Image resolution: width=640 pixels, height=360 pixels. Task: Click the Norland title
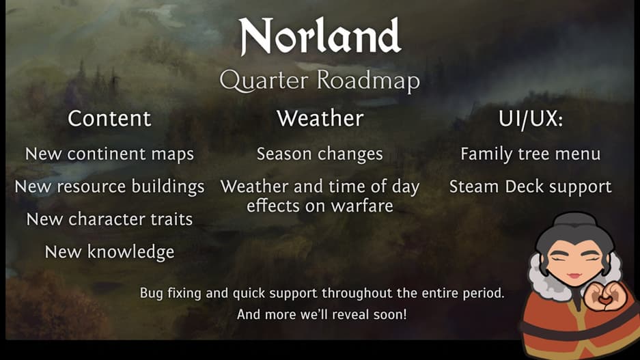click(x=320, y=36)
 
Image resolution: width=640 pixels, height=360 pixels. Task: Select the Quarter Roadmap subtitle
click(x=320, y=81)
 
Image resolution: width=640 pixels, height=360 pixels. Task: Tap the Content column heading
click(x=109, y=118)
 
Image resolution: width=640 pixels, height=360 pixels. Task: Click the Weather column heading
click(x=320, y=118)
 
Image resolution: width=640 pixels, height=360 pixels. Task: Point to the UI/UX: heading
click(x=531, y=119)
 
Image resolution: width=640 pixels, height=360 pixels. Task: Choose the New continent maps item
click(x=109, y=154)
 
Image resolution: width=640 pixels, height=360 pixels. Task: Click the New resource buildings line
click(x=109, y=187)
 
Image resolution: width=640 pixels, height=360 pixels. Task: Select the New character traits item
click(x=109, y=219)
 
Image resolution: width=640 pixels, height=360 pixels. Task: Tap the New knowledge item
click(x=109, y=252)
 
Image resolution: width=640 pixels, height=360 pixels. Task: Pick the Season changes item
click(x=320, y=154)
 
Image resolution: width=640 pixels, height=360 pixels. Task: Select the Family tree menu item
click(x=531, y=154)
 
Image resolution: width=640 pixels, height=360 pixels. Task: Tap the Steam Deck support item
click(x=531, y=187)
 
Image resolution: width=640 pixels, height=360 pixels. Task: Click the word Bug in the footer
click(x=152, y=293)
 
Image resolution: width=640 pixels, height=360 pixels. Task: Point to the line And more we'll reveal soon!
click(x=322, y=314)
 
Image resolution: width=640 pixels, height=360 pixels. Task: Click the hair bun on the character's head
click(x=575, y=219)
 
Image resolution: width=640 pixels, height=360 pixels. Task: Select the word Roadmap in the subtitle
click(x=369, y=81)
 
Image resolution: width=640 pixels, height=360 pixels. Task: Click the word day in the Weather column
click(x=405, y=187)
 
